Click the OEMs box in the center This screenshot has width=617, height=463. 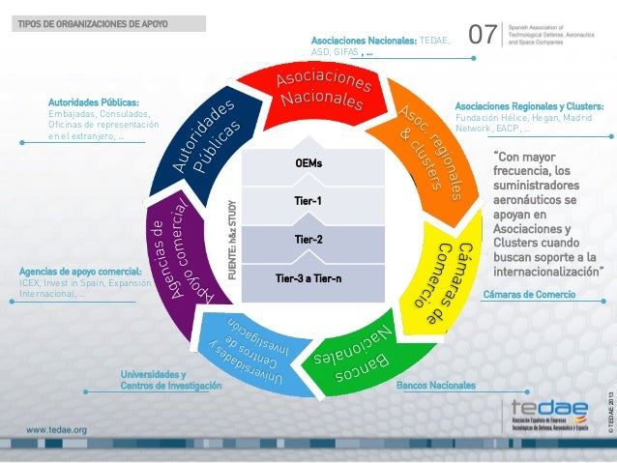tap(309, 162)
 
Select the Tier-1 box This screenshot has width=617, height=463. tap(309, 201)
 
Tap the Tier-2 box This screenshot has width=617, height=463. tap(309, 238)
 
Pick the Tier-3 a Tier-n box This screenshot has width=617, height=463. tap(309, 277)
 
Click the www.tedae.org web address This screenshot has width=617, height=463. tap(57, 429)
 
